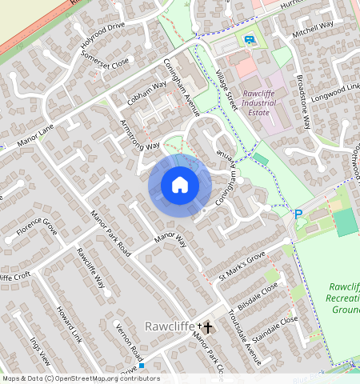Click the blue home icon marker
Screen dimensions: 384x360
point(180,185)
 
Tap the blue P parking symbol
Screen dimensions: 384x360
point(298,214)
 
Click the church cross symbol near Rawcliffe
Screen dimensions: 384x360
point(207,327)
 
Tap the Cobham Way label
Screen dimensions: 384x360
point(147,95)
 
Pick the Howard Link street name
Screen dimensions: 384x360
point(69,324)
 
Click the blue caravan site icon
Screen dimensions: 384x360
point(249,39)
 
